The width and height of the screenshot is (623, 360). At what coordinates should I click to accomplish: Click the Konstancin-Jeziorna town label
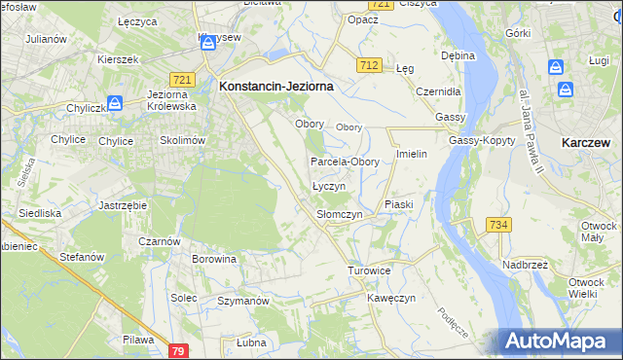[x=276, y=86]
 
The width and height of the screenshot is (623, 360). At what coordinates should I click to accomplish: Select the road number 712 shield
[x=368, y=65]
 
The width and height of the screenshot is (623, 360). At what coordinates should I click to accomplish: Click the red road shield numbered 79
[x=177, y=350]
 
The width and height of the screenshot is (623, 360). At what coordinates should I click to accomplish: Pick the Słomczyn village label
[x=340, y=214]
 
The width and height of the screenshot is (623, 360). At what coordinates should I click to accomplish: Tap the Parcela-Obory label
[x=345, y=162]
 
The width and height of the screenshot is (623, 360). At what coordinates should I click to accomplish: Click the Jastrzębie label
[x=123, y=206]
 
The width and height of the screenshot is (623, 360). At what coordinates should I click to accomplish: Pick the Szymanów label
[x=242, y=302]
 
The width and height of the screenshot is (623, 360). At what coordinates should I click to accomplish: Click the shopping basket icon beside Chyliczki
[x=114, y=102]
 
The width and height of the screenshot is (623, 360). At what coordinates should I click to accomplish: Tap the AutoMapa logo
[x=559, y=341]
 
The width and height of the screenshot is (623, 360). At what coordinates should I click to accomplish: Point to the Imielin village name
[x=413, y=154]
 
